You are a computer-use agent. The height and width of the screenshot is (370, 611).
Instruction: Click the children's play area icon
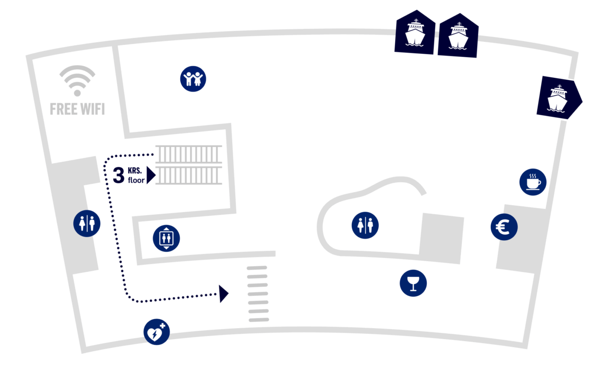pyautogui.click(x=193, y=79)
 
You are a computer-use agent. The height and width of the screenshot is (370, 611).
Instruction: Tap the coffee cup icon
pyautogui.click(x=533, y=182)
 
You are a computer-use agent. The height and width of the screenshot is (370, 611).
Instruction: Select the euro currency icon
pyautogui.click(x=504, y=227)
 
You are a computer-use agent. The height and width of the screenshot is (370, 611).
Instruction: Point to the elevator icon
pyautogui.click(x=166, y=238)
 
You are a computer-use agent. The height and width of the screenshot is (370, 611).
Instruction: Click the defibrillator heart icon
pyautogui.click(x=156, y=332)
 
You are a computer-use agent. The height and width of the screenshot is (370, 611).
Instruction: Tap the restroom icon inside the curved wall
pyautogui.click(x=365, y=225)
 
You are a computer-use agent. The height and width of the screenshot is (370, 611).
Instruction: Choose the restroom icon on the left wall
pyautogui.click(x=87, y=224)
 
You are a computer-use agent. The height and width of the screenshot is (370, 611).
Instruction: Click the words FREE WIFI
pyautogui.click(x=77, y=109)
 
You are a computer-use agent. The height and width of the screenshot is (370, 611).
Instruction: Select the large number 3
pyautogui.click(x=118, y=175)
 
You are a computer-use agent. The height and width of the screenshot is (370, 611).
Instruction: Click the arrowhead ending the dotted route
pyautogui.click(x=224, y=294)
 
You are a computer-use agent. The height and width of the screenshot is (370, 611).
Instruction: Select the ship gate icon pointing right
pyautogui.click(x=559, y=98)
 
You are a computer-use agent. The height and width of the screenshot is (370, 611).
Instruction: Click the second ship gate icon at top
pyautogui.click(x=458, y=35)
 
